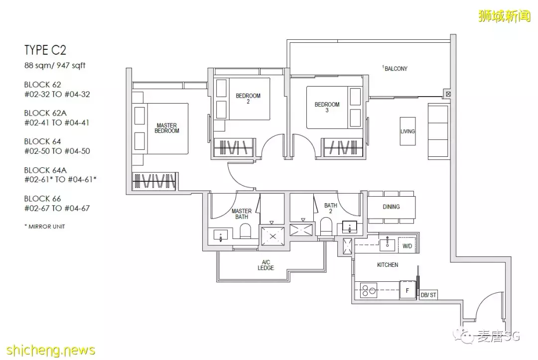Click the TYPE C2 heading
point(45,50)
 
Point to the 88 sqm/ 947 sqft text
point(55,65)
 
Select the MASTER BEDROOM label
point(167,128)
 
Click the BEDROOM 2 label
point(248,99)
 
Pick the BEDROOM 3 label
point(327,107)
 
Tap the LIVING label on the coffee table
point(407,131)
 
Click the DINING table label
point(391,207)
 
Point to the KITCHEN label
point(388,265)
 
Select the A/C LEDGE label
point(266,265)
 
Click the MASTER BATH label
point(242,214)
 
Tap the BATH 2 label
point(331,208)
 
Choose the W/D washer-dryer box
point(407,246)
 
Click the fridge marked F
point(407,290)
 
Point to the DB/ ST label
point(428,295)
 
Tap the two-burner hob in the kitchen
point(369,290)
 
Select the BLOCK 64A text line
point(45,170)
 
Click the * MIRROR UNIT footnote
point(45,226)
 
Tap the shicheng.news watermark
point(51,350)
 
